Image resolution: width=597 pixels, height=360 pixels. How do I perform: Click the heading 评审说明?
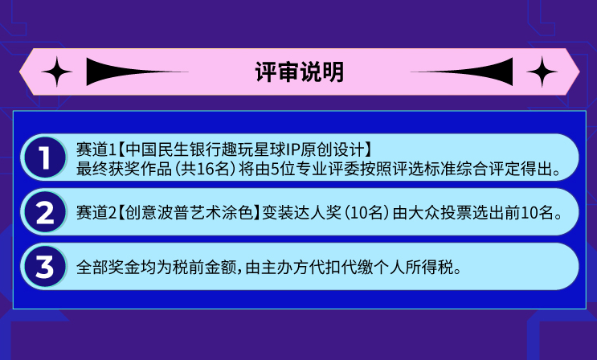[299, 72]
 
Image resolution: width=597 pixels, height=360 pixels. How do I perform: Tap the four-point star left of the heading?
[57, 72]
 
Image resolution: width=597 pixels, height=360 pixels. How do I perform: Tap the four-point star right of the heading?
[542, 72]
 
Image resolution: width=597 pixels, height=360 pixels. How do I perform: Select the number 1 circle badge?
[45, 157]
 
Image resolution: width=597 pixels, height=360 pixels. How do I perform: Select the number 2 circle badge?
[45, 212]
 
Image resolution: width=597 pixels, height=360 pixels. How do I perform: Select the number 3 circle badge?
[45, 266]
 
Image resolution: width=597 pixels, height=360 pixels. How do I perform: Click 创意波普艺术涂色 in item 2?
[189, 213]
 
